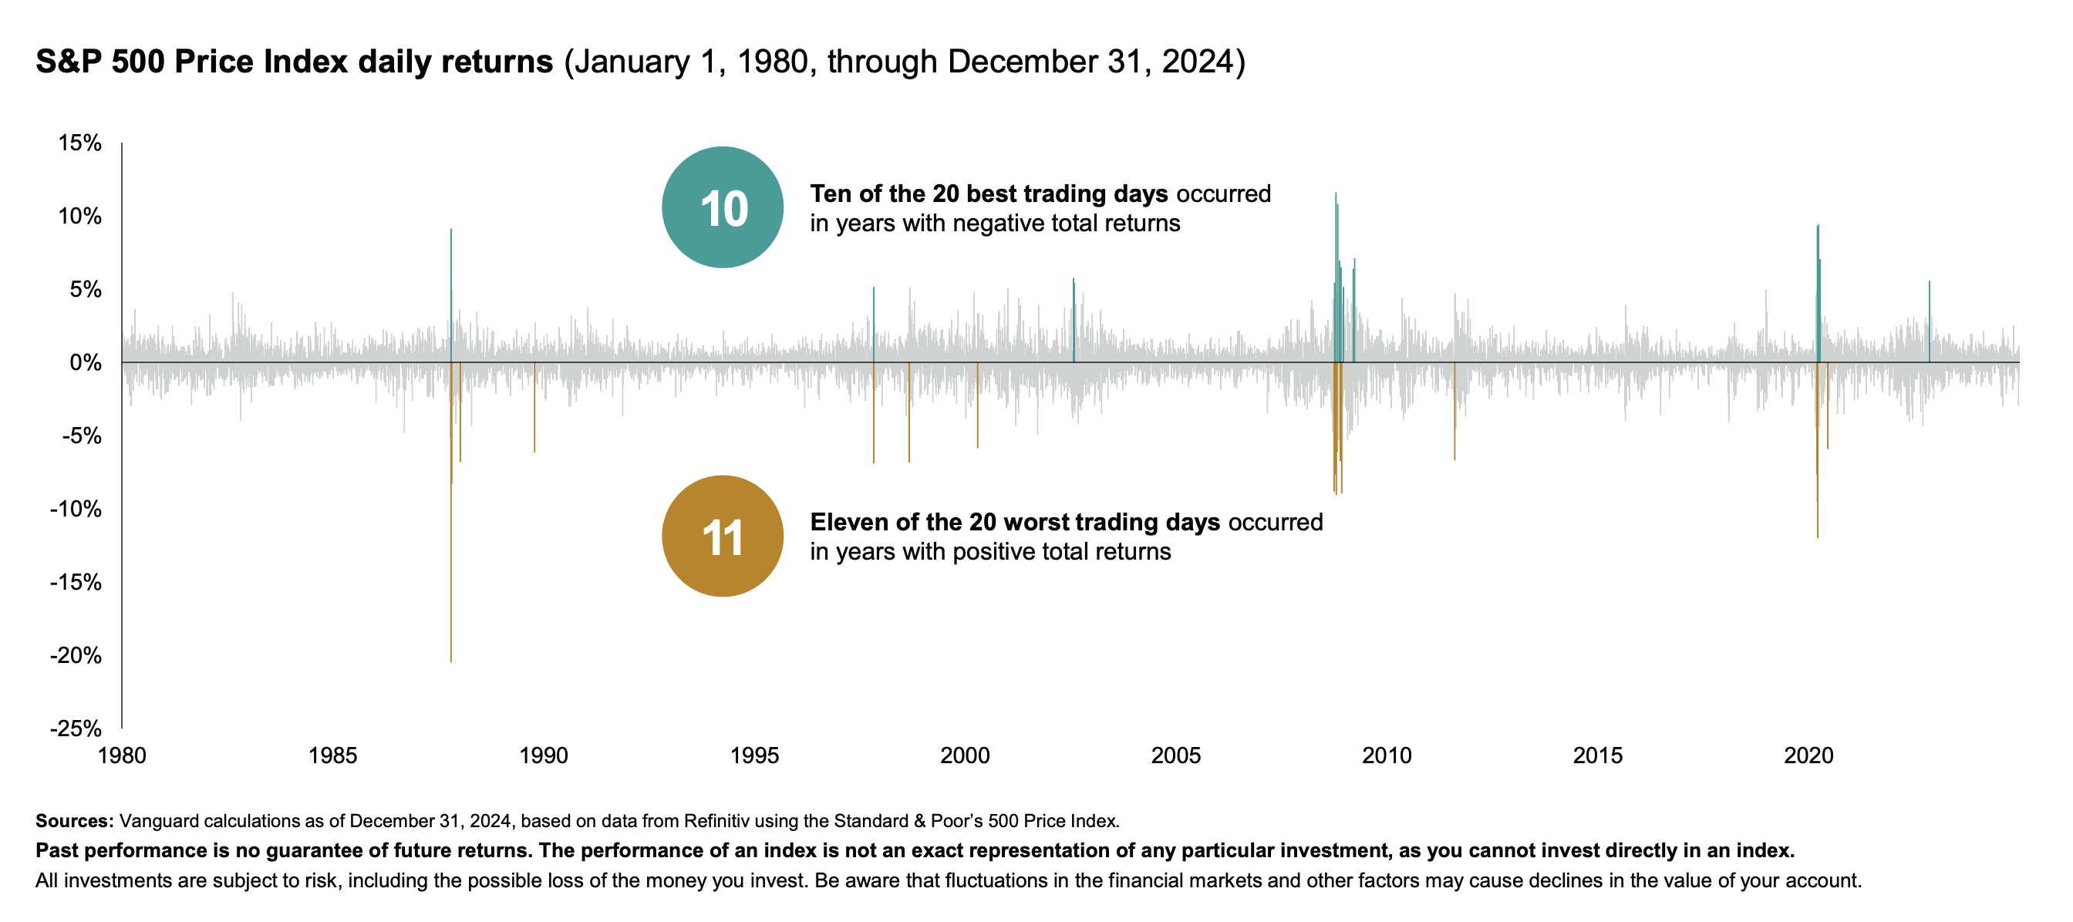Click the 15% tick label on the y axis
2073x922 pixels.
pos(79,143)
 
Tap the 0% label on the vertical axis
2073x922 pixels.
pos(86,363)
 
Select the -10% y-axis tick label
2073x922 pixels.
pos(76,510)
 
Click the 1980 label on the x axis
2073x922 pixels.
pos(122,755)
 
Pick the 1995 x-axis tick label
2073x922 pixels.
pos(754,755)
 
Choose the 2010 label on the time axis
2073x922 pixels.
pos(1387,755)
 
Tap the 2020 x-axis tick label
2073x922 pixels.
pos(1808,755)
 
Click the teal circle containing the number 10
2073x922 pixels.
pos(723,207)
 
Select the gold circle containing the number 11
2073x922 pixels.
pos(723,537)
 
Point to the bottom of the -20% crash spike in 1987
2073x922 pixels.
pos(450,662)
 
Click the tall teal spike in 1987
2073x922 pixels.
pos(450,296)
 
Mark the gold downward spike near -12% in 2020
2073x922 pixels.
pos(1817,450)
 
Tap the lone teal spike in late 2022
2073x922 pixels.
pos(1929,321)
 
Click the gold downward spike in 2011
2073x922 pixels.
pos(1454,411)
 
